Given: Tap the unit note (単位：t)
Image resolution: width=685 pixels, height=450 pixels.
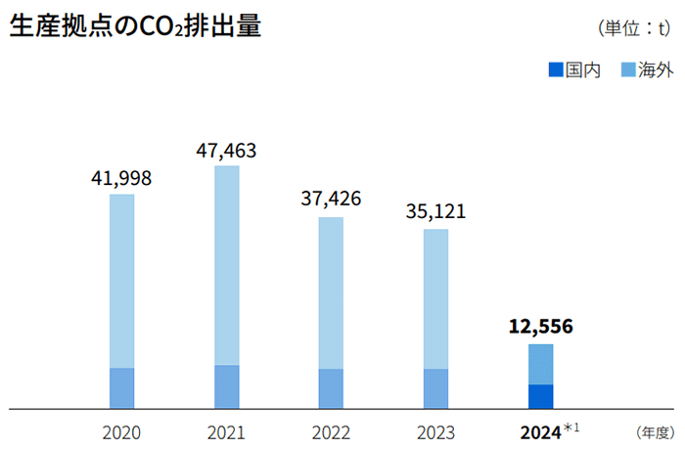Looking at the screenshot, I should click(633, 28).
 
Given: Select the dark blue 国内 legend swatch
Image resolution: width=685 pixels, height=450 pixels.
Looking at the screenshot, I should click(556, 70).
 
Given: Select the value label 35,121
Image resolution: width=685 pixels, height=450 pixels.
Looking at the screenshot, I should click(435, 211).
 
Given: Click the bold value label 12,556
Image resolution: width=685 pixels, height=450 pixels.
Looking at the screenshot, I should click(540, 327).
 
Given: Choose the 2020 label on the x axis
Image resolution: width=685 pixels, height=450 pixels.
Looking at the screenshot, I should click(121, 431).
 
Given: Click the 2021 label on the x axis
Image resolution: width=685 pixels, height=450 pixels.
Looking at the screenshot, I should click(226, 431).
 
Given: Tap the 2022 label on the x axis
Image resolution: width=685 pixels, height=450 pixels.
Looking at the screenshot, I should click(331, 431).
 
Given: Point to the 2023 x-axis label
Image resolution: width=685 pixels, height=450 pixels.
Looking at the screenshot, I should click(435, 431).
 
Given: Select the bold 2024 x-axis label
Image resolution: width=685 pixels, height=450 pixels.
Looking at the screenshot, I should click(540, 431).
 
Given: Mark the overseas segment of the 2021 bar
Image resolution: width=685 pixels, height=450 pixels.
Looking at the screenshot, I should click(226, 265).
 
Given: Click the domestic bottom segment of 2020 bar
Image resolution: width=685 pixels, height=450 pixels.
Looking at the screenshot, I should click(121, 387).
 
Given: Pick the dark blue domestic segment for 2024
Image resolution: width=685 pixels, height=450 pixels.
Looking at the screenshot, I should click(540, 395).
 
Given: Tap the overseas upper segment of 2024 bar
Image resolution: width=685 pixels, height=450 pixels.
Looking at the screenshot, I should click(540, 364).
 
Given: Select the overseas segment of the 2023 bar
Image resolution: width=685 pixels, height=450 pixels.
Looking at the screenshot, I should click(435, 298).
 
